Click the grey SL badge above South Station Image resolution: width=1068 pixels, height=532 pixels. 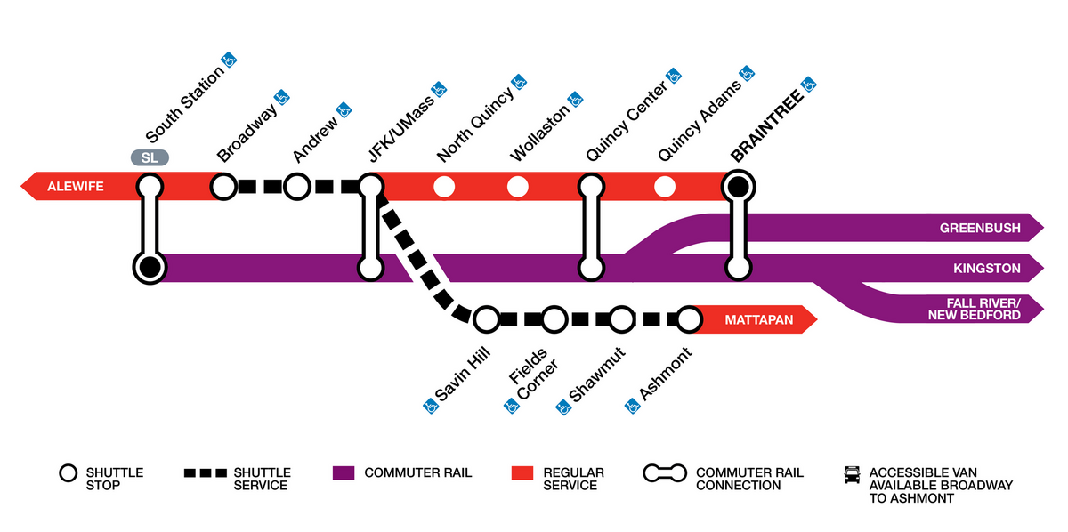pos(150,158)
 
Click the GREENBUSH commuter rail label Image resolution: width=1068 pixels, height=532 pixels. pos(980,229)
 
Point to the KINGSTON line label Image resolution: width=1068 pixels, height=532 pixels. pos(986,267)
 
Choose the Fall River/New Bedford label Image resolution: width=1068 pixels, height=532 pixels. pos(974,309)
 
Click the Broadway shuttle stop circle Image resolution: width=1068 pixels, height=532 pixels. pos(223,187)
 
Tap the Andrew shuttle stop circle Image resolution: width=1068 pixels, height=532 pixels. pos(297,187)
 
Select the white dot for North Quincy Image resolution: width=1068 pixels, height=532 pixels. pos(443,187)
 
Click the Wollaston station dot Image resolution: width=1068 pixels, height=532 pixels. pos(517,187)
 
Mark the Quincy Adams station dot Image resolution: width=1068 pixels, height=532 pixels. pos(663,187)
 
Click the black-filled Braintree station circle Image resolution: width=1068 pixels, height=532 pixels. pos(737,187)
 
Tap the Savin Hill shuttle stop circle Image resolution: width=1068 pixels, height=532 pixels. pos(486,318)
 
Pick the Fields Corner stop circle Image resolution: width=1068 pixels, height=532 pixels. pos(554,318)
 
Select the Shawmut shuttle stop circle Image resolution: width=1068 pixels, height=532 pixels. pos(621,318)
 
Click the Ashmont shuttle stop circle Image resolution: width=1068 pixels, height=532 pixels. pos(689,318)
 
